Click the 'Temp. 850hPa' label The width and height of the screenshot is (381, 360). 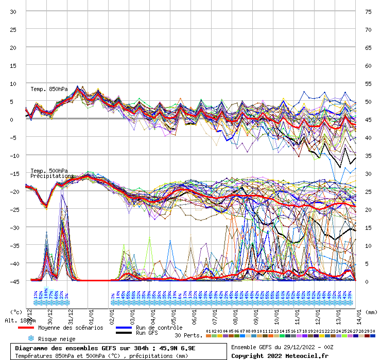pyautogui.click(x=49, y=89)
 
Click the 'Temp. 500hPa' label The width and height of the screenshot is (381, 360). pyautogui.click(x=49, y=171)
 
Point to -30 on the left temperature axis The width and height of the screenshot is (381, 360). pyautogui.click(x=13, y=227)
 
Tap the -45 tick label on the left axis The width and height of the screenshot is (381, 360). pyautogui.click(x=13, y=281)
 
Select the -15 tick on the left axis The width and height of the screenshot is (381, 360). pyautogui.click(x=13, y=173)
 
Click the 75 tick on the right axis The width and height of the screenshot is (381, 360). pyautogui.click(x=368, y=11)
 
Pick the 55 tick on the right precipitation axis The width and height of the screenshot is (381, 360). pyautogui.click(x=368, y=83)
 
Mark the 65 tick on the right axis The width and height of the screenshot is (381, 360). pyautogui.click(x=368, y=47)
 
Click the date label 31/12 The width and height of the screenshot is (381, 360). pyautogui.click(x=68, y=313)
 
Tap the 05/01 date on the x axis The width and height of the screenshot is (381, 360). pyautogui.click(x=174, y=313)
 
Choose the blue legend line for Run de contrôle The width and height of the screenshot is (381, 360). pyautogui.click(x=124, y=328)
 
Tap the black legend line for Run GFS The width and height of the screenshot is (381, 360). pyautogui.click(x=124, y=333)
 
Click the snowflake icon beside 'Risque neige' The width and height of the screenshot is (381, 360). pyautogui.click(x=31, y=339)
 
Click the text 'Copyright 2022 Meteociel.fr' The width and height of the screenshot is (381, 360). pyautogui.click(x=280, y=355)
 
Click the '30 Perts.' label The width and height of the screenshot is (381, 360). pyautogui.click(x=188, y=335)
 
